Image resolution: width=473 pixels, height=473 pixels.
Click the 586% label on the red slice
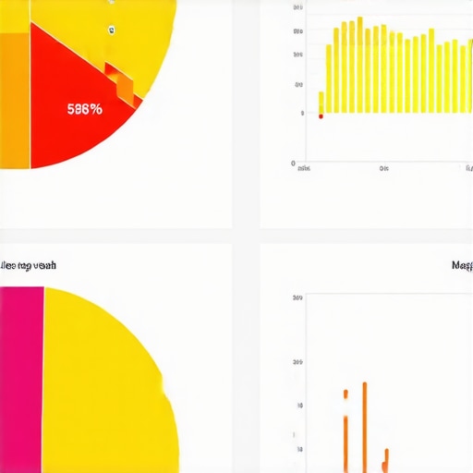pyautogui.click(x=85, y=107)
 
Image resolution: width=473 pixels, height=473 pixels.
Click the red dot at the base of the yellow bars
pyautogui.click(x=321, y=115)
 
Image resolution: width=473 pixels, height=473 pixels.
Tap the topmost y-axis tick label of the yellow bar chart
pyautogui.click(x=297, y=7)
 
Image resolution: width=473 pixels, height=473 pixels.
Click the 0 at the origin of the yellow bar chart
pyautogui.click(x=293, y=164)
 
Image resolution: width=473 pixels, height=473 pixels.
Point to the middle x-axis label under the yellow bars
pyautogui.click(x=384, y=169)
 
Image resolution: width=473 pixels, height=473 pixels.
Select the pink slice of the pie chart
pyautogui.click(x=21, y=379)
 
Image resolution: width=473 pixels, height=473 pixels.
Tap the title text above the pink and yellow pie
pyautogui.click(x=28, y=265)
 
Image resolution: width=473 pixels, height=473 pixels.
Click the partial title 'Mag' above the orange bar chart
pyautogui.click(x=462, y=265)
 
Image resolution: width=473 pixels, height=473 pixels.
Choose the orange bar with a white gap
pyautogui.click(x=345, y=430)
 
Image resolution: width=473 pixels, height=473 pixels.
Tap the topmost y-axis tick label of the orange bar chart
pyautogui.click(x=297, y=298)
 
